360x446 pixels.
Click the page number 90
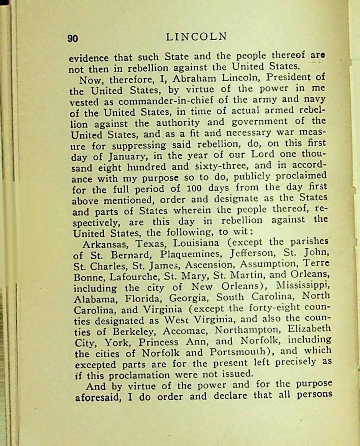tap(73, 38)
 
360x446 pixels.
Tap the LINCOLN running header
tap(197, 37)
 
